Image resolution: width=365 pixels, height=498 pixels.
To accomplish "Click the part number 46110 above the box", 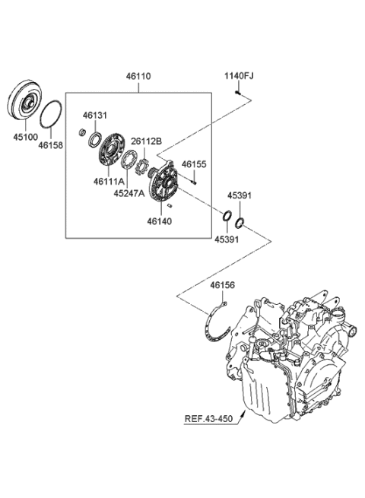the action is coord(138,77).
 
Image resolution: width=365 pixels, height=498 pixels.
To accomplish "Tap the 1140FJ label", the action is coord(239,76).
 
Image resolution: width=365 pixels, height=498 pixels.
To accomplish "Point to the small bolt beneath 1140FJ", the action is coord(238,93).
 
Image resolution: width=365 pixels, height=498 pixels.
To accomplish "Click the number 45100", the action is coord(25,137).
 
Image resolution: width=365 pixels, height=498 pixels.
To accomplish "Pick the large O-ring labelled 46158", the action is coord(50,114).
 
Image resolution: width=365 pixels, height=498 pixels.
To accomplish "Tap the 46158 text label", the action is coord(51,145).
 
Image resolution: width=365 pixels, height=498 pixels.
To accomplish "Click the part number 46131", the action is coord(95,116).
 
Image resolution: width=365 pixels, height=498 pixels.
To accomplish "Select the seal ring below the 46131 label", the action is coord(95,140).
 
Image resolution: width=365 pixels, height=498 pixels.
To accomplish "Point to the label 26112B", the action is coord(147,141).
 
